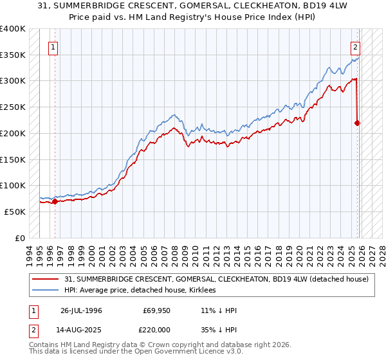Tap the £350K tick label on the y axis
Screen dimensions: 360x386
point(12,55)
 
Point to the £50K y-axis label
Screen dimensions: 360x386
point(14,212)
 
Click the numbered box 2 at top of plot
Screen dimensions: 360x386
point(355,46)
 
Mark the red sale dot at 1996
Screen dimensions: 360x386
point(55,201)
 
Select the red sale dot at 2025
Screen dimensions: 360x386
point(358,123)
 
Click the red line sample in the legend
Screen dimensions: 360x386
point(46,279)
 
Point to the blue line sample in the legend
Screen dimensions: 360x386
point(46,291)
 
